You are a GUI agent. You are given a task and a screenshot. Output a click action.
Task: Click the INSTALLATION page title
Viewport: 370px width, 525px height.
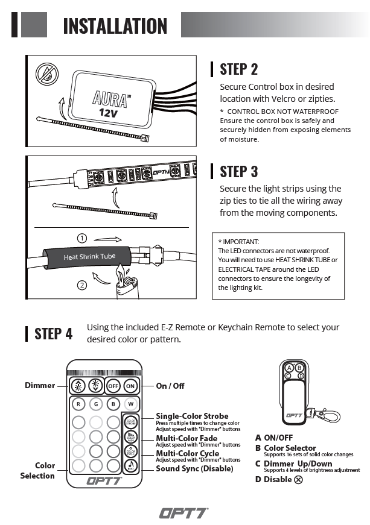(115, 26)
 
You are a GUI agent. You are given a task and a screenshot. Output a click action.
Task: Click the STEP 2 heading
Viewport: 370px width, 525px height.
(238, 69)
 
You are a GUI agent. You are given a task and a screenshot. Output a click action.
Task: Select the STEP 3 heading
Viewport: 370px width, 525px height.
(238, 171)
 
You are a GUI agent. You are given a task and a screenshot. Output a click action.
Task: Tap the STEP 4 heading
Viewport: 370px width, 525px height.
(53, 333)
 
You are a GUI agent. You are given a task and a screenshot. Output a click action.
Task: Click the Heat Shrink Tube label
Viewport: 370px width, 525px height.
(89, 257)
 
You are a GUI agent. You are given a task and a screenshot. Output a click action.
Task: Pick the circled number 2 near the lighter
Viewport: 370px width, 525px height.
(83, 285)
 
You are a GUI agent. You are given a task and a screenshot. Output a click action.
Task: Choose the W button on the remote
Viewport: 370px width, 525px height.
(130, 404)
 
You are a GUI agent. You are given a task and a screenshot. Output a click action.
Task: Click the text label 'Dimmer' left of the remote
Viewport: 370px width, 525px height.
(40, 385)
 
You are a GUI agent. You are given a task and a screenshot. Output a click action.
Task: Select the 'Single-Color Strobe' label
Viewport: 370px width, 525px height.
(192, 416)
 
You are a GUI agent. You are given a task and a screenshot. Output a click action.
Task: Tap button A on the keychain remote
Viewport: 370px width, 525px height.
(289, 368)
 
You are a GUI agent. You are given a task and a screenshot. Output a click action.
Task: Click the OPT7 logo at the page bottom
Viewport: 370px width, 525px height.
(183, 513)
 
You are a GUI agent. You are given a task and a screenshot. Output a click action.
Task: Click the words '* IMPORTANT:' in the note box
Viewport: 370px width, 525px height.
(238, 241)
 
